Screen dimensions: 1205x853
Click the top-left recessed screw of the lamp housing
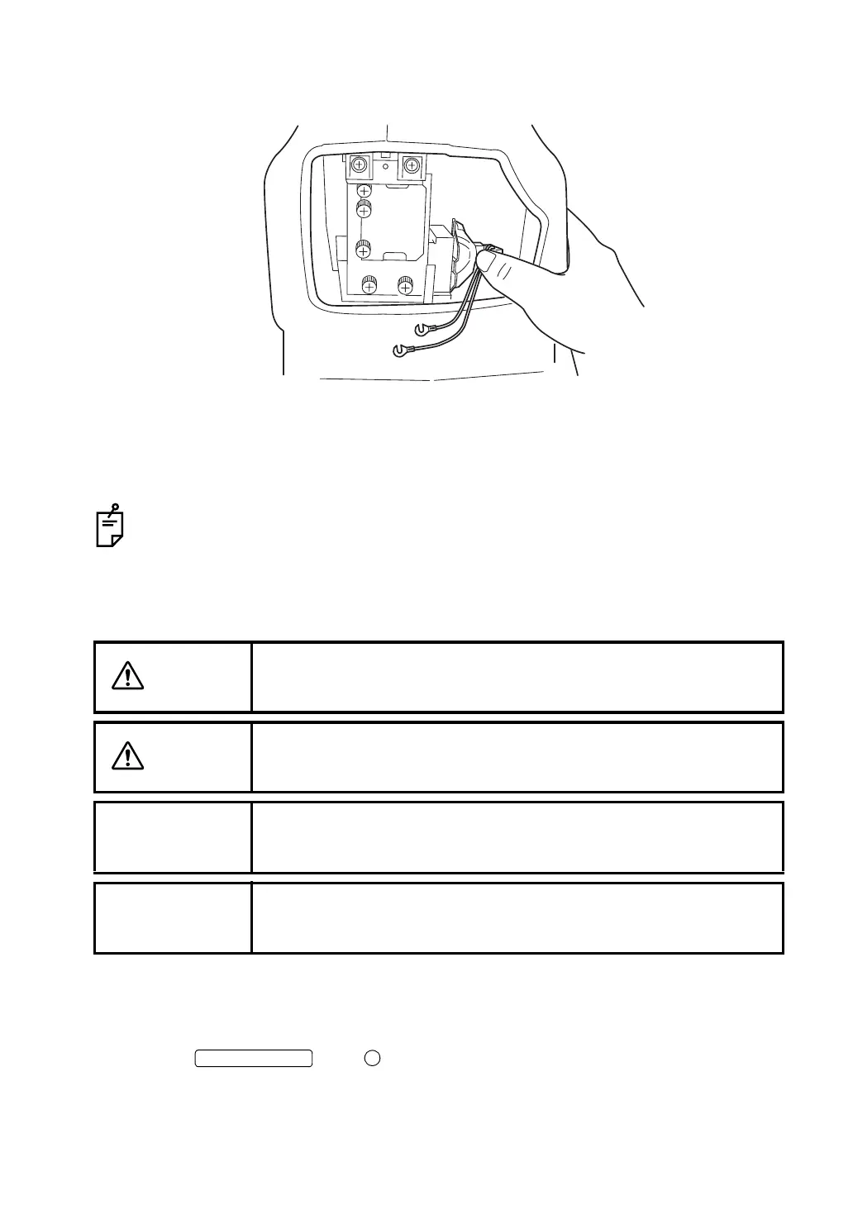pyautogui.click(x=359, y=165)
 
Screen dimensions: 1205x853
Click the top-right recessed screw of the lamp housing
pyautogui.click(x=412, y=166)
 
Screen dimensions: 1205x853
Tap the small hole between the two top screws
pyautogui.click(x=385, y=177)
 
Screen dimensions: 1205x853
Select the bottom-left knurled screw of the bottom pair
pyautogui.click(x=369, y=284)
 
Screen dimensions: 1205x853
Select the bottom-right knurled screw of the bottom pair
pyautogui.click(x=405, y=284)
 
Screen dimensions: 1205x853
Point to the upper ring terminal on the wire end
pyautogui.click(x=422, y=330)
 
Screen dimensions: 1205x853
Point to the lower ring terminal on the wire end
pyautogui.click(x=400, y=351)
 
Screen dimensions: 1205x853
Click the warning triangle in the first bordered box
pyautogui.click(x=128, y=676)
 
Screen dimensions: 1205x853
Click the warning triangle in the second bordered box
pyautogui.click(x=128, y=756)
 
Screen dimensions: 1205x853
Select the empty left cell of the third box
pyautogui.click(x=173, y=836)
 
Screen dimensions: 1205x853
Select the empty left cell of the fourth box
pyautogui.click(x=173, y=917)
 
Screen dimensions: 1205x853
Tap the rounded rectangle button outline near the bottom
pyautogui.click(x=254, y=1059)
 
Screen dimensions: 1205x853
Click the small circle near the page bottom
pyautogui.click(x=372, y=1058)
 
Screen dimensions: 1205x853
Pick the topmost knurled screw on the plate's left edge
pyautogui.click(x=364, y=191)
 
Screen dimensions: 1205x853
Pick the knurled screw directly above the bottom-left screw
pyautogui.click(x=364, y=247)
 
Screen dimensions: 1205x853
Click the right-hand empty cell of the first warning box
pyautogui.click(x=517, y=677)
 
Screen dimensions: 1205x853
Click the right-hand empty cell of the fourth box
pyautogui.click(x=517, y=917)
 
